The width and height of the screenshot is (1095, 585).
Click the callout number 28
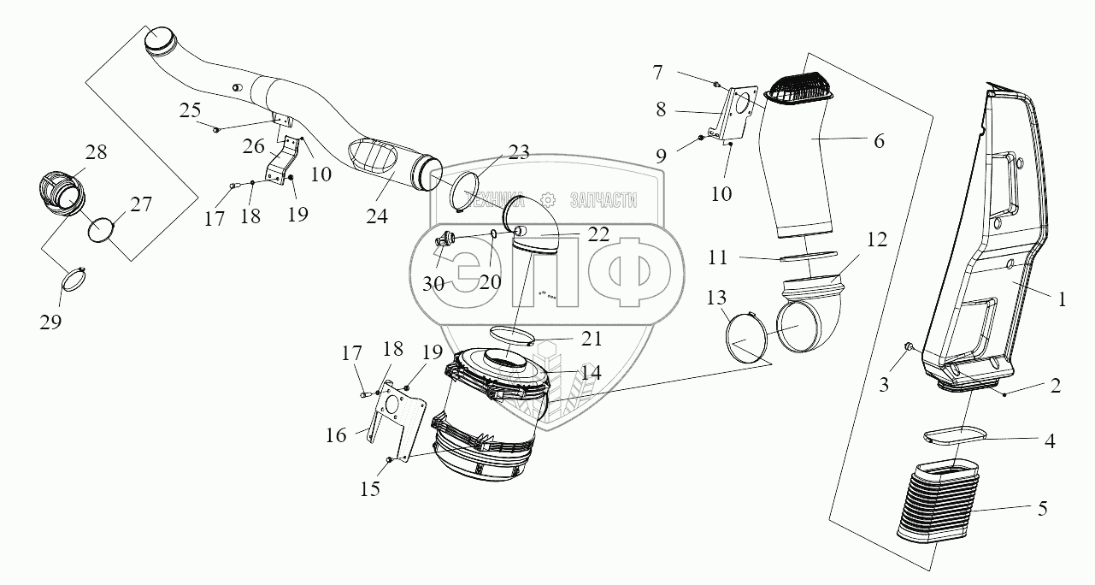pos(96,152)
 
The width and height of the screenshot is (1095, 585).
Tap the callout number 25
pos(191,109)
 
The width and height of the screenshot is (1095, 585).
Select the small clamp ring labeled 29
pos(74,278)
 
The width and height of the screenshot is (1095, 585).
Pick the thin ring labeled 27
pos(102,231)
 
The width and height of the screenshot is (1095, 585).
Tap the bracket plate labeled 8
pos(733,115)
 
